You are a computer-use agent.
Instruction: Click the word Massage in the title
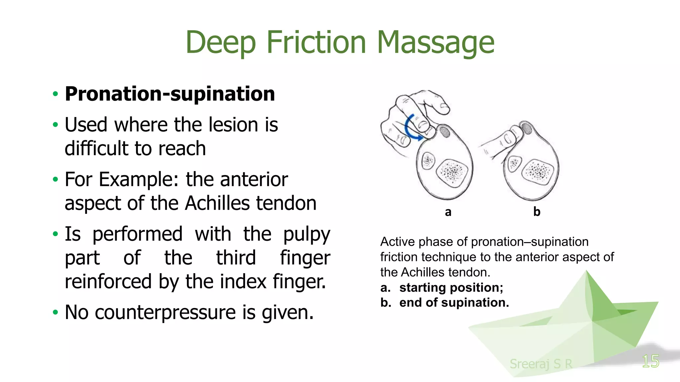(435, 42)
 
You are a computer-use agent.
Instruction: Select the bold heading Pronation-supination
(170, 94)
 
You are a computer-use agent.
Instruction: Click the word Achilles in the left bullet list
(217, 203)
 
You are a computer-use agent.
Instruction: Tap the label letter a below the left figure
(448, 212)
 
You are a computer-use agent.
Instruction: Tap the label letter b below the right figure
(537, 212)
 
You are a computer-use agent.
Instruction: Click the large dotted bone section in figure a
(452, 171)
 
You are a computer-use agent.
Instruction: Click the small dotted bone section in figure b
(514, 163)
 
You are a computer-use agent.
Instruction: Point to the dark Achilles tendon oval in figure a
(445, 132)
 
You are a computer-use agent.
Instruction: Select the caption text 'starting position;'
(451, 287)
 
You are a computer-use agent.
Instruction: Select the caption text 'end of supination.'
(454, 303)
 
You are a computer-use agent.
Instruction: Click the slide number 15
(650, 361)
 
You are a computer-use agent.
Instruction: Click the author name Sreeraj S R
(541, 364)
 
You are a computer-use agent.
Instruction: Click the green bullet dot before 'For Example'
(55, 180)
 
